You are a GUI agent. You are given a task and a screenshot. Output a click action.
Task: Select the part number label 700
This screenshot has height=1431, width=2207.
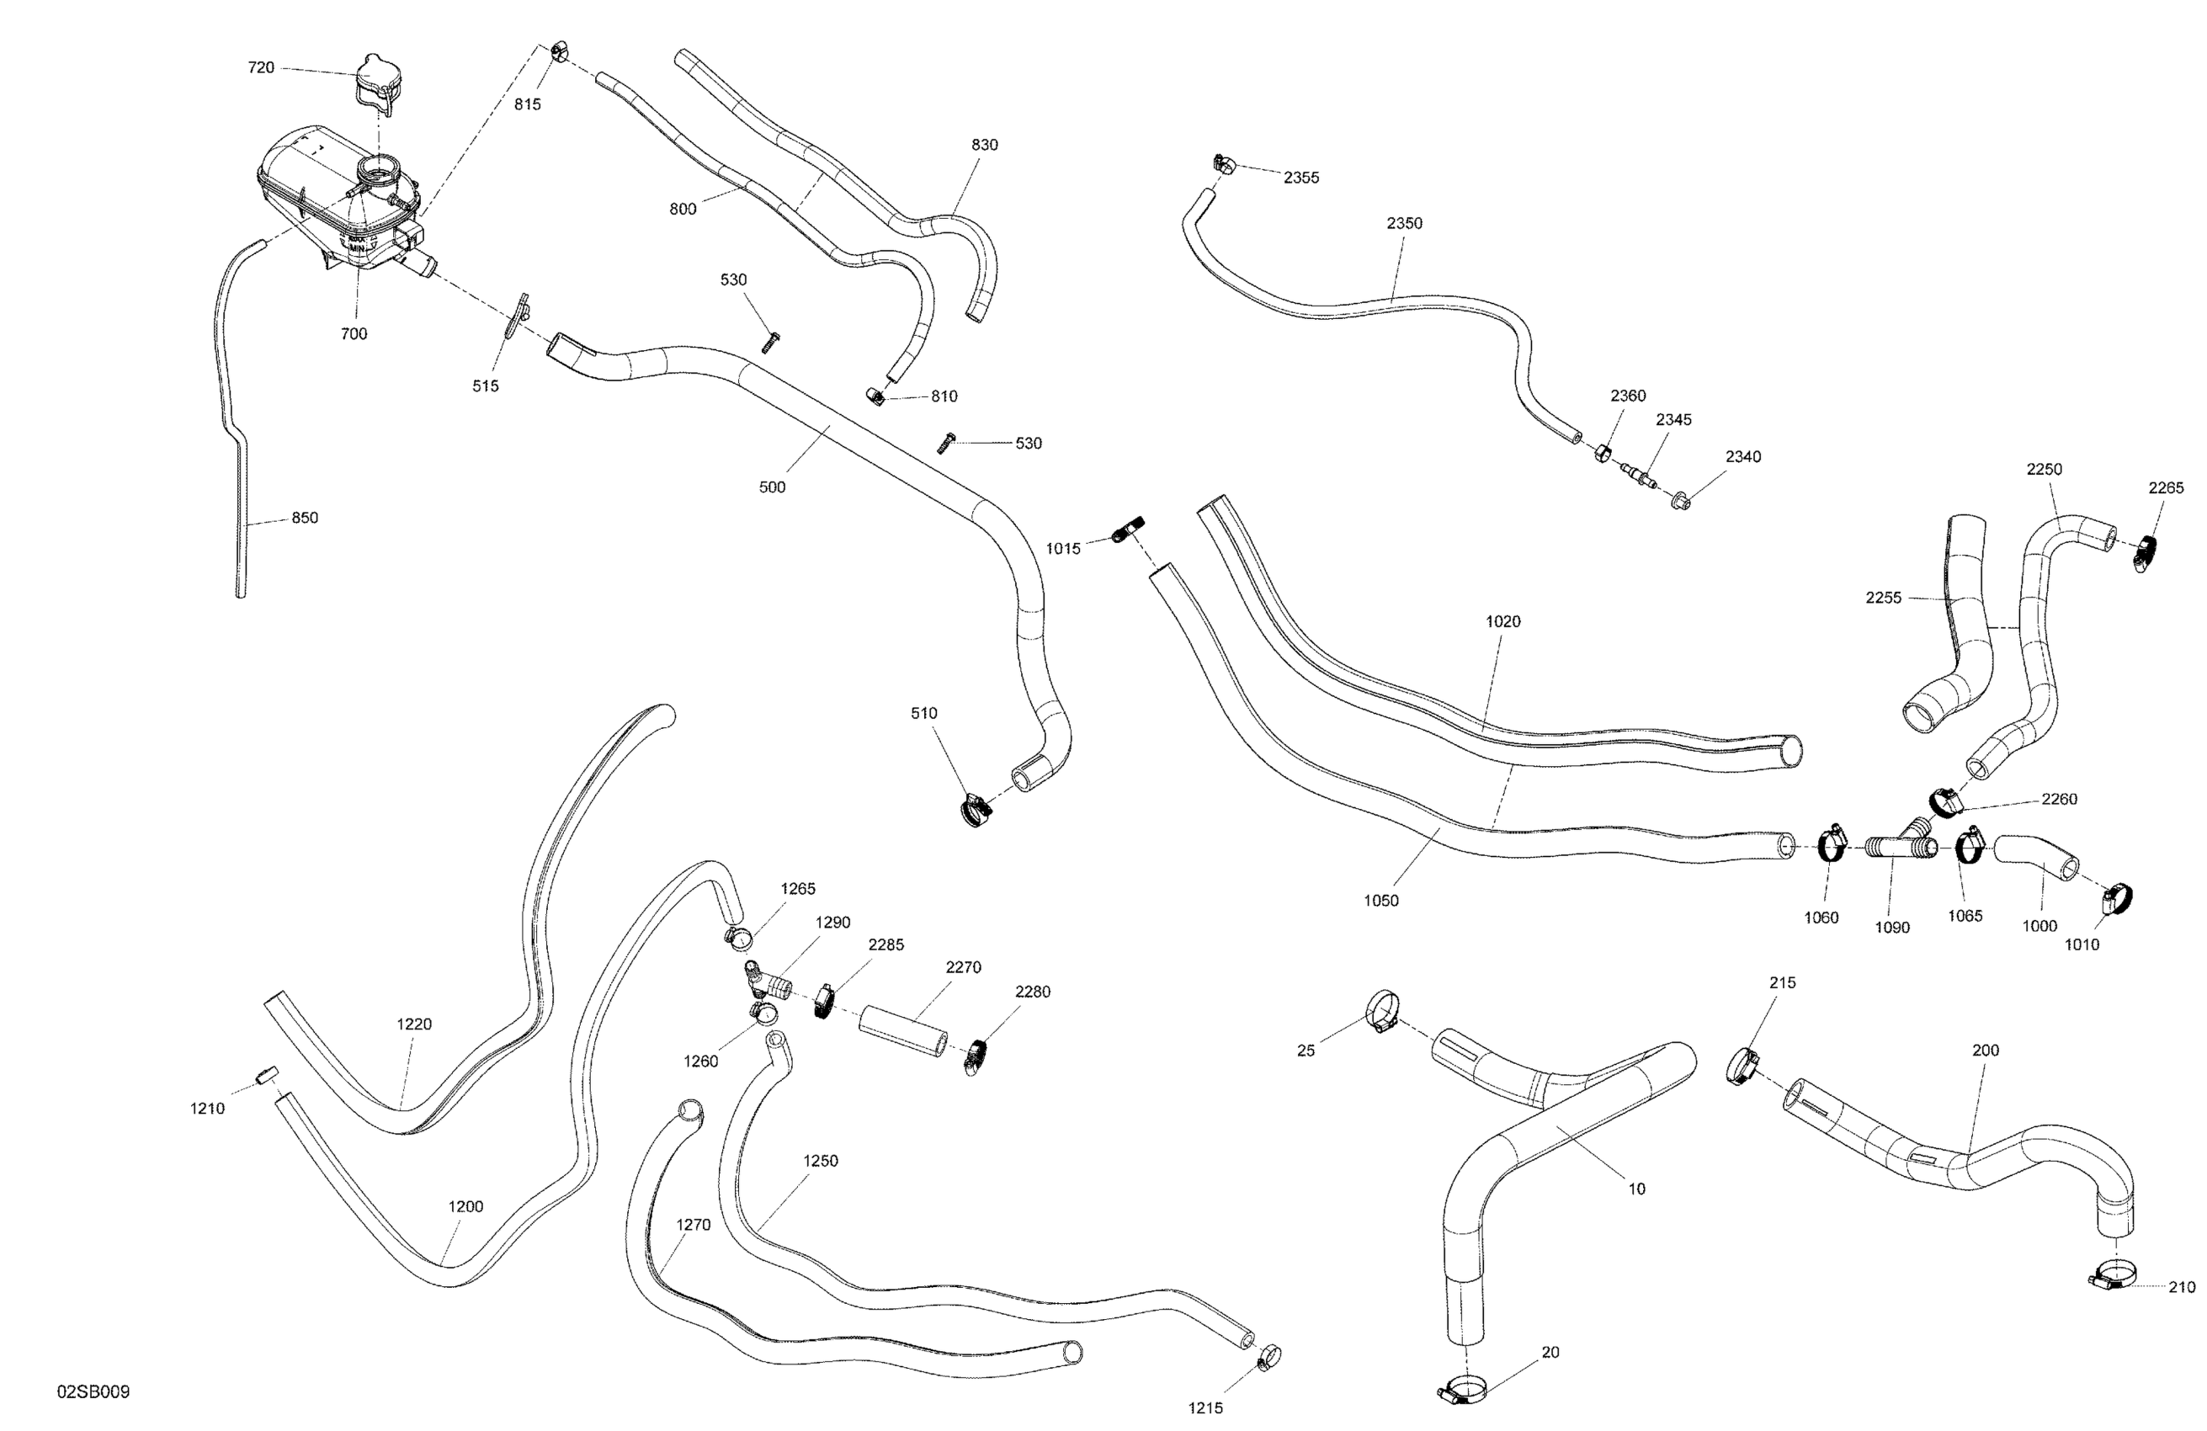354,334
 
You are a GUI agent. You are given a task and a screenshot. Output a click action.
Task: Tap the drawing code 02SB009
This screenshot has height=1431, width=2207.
93,1392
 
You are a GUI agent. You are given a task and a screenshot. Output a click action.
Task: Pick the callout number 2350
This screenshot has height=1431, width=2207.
1404,224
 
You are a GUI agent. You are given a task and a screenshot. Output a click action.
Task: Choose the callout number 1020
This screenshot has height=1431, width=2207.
1502,621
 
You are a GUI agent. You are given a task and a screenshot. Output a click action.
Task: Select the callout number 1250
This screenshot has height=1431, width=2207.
820,1161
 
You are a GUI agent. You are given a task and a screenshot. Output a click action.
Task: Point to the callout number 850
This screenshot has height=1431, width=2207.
304,519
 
